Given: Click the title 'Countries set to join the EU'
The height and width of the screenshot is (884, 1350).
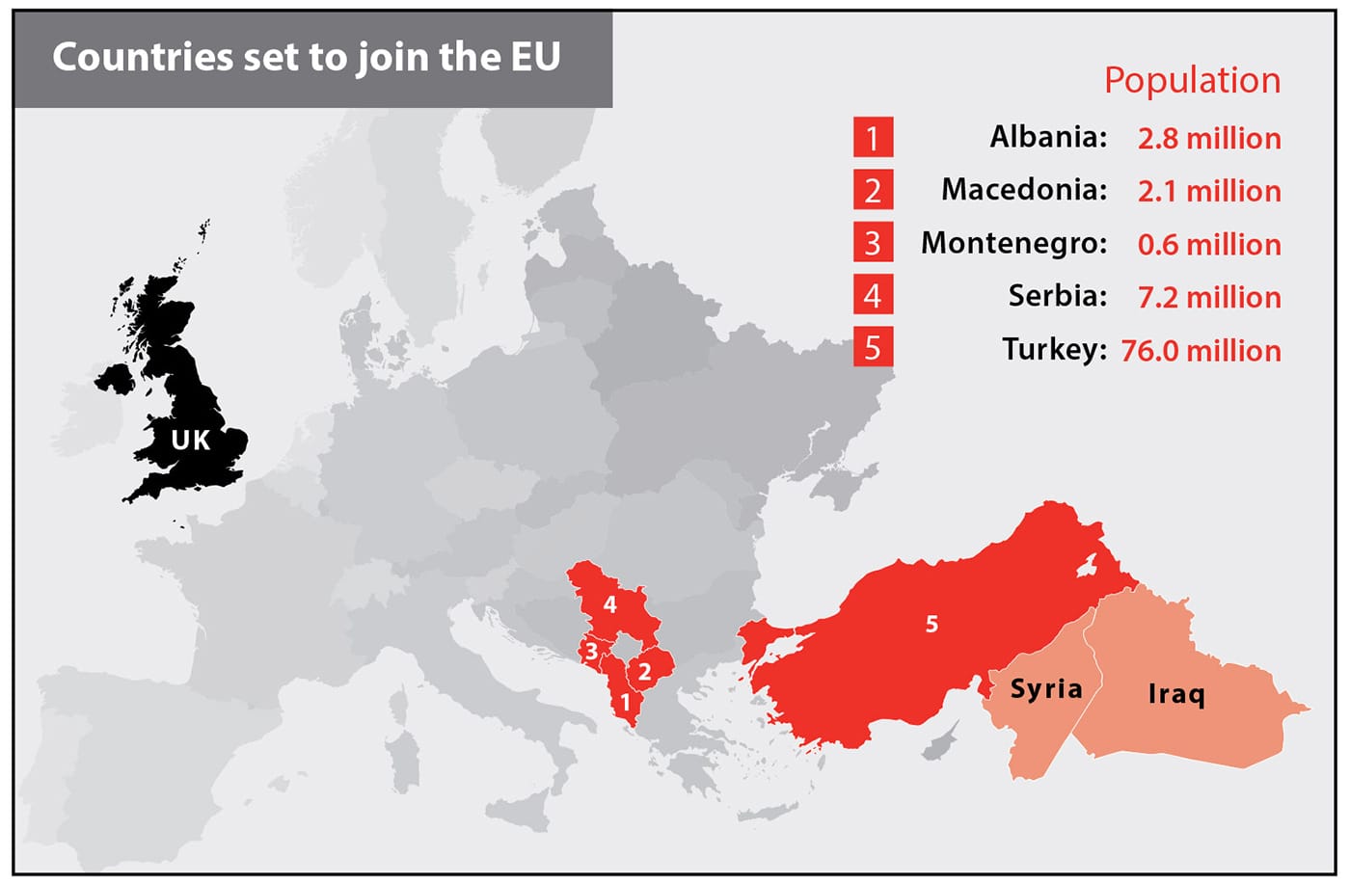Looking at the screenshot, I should tap(307, 58).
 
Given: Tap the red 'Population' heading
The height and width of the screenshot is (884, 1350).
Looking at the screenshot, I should tap(1192, 80).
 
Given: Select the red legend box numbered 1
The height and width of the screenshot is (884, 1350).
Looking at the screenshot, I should tap(873, 137).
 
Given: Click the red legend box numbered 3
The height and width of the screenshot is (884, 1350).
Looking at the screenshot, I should tap(873, 242).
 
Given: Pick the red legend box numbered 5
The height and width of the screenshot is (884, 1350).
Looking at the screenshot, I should tap(873, 347).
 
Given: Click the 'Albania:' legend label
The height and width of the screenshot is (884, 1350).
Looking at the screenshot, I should tap(1048, 137).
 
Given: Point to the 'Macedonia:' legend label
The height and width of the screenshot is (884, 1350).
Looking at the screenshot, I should tap(1024, 189).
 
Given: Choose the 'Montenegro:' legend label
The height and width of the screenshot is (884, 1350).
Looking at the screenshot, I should tap(1013, 243).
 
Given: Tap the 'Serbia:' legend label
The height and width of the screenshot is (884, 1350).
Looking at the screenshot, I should tap(1058, 295).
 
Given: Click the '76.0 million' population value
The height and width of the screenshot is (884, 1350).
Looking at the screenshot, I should tap(1201, 350).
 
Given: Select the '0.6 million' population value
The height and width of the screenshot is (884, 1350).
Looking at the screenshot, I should tap(1209, 244).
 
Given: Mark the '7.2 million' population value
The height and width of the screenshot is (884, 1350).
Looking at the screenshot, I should tap(1209, 297).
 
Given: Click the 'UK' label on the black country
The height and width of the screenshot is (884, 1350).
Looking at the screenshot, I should tap(190, 441).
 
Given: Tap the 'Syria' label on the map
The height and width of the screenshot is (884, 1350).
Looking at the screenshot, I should tap(1046, 689).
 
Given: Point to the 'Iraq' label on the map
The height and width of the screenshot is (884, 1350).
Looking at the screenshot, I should tap(1176, 693).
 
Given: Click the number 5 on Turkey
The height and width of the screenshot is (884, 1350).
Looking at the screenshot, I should tap(931, 625).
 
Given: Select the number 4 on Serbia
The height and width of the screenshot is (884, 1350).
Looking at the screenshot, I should tap(609, 605).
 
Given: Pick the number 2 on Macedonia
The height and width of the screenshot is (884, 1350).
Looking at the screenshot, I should tap(644, 672).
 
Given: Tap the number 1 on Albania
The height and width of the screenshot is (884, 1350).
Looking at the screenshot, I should tap(626, 703).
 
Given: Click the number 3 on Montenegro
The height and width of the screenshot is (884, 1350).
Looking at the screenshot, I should tap(591, 652).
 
